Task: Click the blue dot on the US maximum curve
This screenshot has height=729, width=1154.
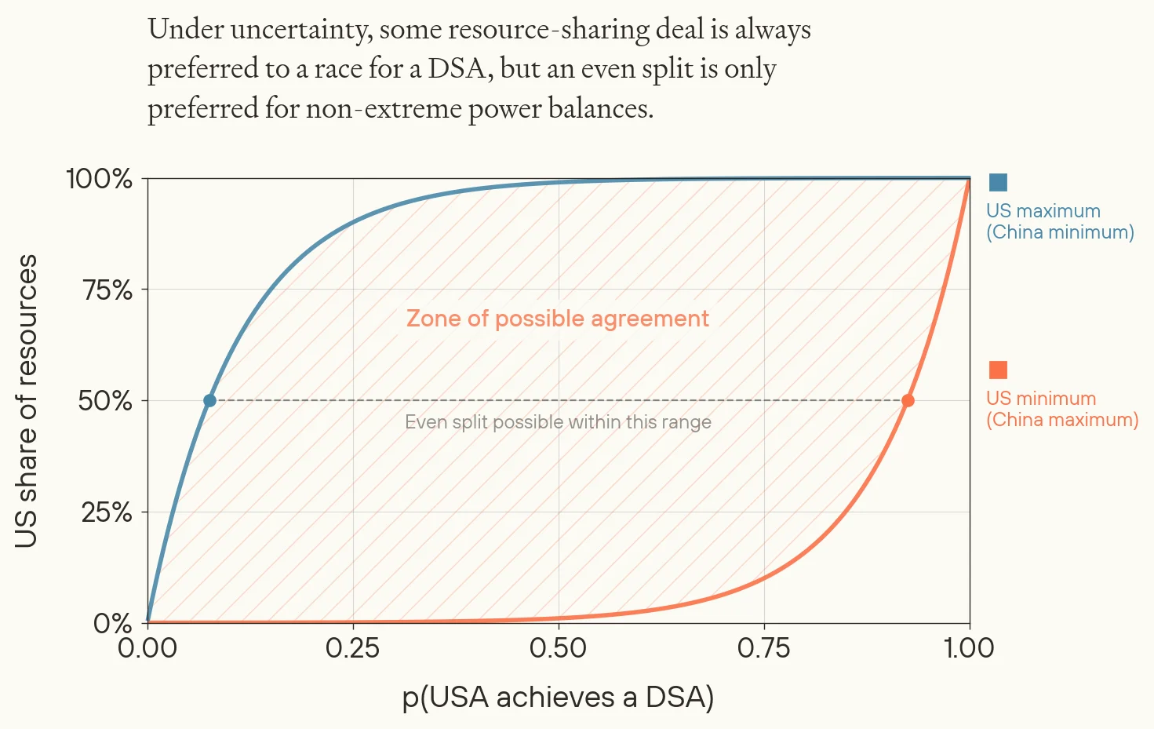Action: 209,400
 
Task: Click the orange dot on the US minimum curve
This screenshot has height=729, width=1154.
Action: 908,400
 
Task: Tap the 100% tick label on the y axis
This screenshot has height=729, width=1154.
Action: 100,179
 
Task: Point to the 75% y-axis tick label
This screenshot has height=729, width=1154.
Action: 107,290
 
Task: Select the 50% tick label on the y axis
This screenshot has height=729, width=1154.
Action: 105,401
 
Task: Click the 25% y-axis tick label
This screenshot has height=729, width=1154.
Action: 107,512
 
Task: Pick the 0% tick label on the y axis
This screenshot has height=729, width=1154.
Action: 113,624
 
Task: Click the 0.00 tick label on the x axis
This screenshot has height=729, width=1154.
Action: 147,648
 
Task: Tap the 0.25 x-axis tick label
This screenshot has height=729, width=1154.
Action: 353,648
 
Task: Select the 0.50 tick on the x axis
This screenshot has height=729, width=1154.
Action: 559,648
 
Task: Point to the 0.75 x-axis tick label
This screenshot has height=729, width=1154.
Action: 764,648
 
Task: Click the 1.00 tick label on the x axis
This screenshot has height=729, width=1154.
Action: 969,648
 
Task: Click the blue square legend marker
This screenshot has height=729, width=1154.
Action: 998,182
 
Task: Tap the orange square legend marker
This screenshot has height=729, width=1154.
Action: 998,370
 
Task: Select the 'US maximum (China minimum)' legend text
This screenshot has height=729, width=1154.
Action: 1060,221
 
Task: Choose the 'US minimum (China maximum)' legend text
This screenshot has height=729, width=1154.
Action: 1062,409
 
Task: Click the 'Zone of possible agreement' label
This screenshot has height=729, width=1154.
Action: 558,319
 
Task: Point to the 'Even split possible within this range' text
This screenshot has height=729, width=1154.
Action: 558,422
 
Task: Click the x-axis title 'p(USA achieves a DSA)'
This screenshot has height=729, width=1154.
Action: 558,697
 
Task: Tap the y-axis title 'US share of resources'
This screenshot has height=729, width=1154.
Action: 26,401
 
